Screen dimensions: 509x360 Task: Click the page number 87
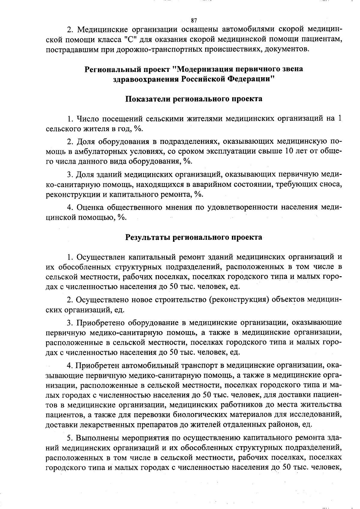point(194,20)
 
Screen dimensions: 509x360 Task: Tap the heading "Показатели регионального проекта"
point(193,99)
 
